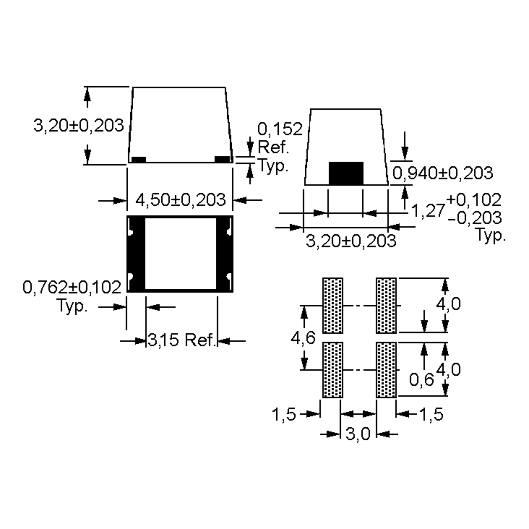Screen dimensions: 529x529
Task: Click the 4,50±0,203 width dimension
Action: [x=181, y=200]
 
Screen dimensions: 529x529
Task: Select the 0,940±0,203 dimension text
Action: [x=442, y=173]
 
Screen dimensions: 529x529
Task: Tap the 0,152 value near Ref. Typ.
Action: [x=280, y=129]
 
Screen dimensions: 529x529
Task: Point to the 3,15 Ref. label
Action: [x=182, y=340]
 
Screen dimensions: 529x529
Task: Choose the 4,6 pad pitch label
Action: [x=303, y=338]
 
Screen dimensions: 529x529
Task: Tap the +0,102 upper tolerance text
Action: [x=474, y=200]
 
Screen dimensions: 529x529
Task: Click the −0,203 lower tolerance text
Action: [x=475, y=218]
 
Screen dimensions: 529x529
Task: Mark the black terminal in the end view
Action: [x=346, y=173]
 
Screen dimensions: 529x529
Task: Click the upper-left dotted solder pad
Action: [x=333, y=305]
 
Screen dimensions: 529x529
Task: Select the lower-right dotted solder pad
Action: [x=386, y=370]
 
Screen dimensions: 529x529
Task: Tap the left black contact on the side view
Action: [x=139, y=159]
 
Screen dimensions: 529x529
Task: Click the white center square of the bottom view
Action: [x=181, y=253]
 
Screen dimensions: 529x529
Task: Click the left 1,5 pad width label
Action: [x=284, y=414]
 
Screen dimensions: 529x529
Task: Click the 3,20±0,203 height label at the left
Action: [x=79, y=126]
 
